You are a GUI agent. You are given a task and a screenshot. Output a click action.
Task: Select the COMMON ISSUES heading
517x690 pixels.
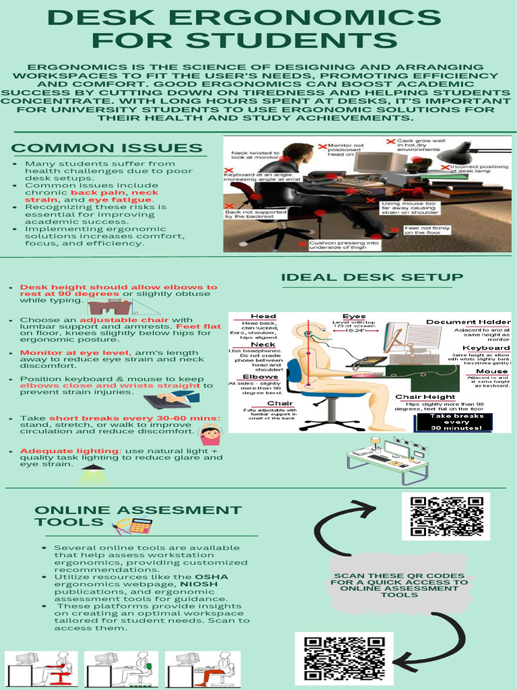(x=107, y=148)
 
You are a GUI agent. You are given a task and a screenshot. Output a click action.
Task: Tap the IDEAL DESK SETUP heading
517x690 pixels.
(x=372, y=277)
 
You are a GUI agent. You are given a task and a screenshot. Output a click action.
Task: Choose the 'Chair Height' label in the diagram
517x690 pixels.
(x=425, y=397)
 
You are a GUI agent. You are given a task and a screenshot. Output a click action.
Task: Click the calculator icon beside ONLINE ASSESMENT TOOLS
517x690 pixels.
(x=139, y=525)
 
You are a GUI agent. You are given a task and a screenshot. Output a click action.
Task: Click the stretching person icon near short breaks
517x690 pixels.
(x=210, y=435)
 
